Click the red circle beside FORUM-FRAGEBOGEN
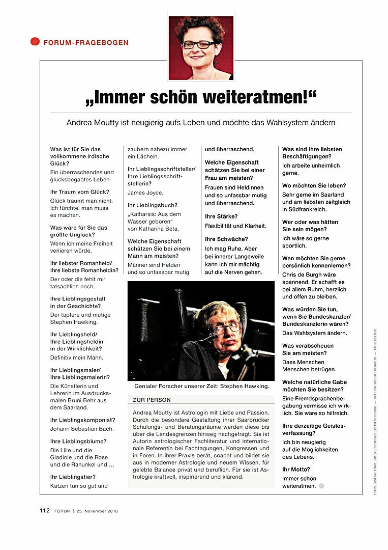(35, 42)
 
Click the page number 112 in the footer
(45, 511)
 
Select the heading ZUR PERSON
(152, 400)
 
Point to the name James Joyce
(145, 193)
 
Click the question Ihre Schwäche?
(226, 239)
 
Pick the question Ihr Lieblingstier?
(73, 477)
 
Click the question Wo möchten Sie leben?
(314, 185)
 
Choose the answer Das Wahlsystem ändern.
(314, 333)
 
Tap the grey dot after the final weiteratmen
(321, 486)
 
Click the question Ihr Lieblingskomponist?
(82, 420)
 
